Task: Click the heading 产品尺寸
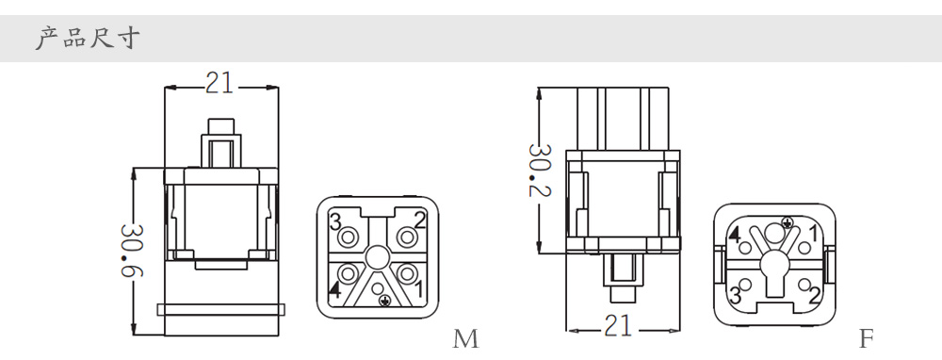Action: pos(88,38)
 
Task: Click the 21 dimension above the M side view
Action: pos(219,83)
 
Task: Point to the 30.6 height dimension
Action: pos(131,251)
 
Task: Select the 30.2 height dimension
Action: pos(539,170)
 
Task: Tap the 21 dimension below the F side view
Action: pos(619,326)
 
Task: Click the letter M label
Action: pos(465,339)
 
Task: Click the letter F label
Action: pos(865,339)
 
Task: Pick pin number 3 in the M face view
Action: pos(335,221)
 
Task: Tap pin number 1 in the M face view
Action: pos(418,289)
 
